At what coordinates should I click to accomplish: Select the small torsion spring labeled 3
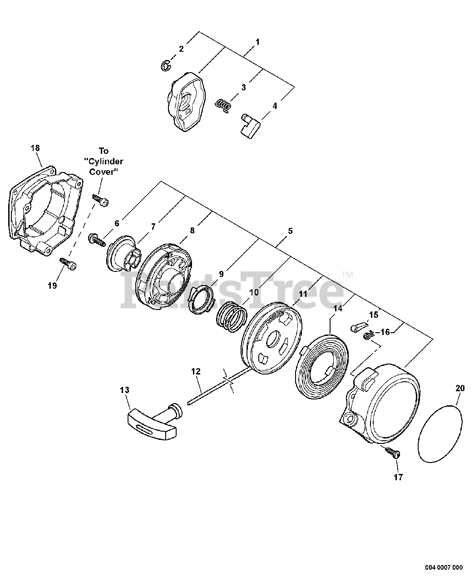(223, 104)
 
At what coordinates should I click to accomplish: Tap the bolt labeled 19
(68, 263)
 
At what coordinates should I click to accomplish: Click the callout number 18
(35, 148)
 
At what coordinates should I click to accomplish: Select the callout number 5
(290, 231)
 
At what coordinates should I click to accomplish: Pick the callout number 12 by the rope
(196, 371)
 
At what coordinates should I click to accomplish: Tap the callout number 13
(124, 390)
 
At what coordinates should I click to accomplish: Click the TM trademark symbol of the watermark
(347, 275)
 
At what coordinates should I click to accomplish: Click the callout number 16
(385, 332)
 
